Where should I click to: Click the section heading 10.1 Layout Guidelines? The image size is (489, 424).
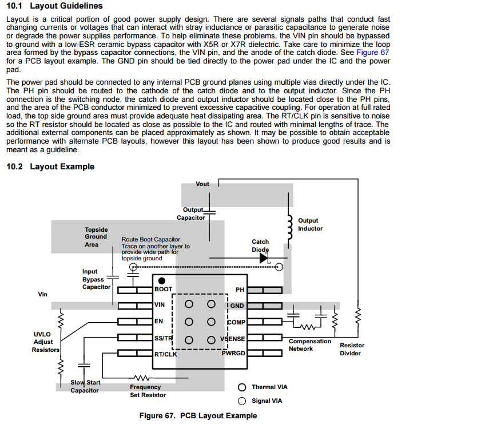(54, 6)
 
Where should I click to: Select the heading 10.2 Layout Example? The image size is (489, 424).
(50, 167)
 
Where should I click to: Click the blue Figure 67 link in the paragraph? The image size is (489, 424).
(373, 51)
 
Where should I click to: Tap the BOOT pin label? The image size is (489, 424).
(163, 290)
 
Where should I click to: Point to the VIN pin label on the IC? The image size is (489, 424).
(160, 305)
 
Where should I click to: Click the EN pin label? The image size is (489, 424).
(158, 321)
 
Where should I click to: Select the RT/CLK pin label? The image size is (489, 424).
(165, 354)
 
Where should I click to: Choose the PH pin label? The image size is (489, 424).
(240, 290)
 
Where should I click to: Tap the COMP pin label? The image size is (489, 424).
(236, 322)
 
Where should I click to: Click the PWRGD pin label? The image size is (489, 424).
(233, 353)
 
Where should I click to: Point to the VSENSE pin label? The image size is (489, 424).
(233, 338)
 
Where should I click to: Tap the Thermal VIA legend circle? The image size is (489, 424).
(242, 387)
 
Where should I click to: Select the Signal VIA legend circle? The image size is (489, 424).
(242, 401)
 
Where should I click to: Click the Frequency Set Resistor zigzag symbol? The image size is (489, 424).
(141, 378)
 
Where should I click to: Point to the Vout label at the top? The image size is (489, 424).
(202, 184)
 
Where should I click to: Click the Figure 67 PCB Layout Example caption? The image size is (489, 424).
(198, 415)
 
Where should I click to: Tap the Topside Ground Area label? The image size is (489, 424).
(96, 237)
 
